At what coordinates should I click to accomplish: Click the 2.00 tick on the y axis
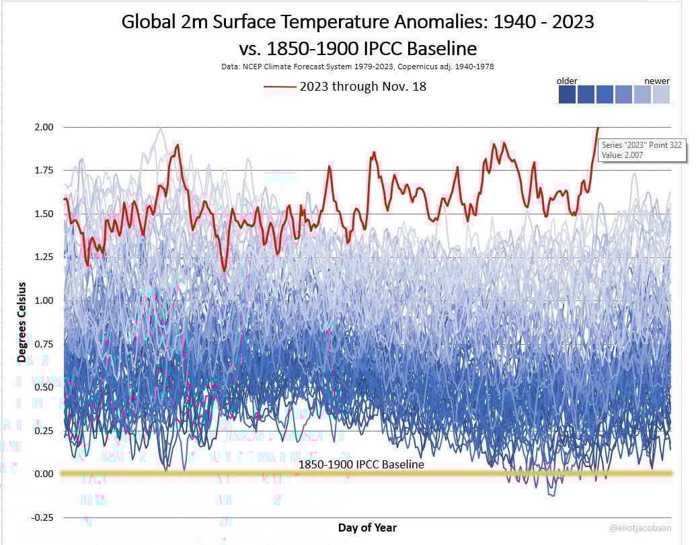[44, 127]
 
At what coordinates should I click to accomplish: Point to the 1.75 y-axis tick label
[44, 171]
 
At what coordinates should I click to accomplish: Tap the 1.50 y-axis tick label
[44, 214]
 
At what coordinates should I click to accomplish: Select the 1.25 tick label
[44, 257]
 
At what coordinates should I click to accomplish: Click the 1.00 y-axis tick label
[44, 300]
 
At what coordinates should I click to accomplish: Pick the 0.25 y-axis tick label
[44, 431]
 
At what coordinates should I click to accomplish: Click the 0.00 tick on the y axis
[44, 474]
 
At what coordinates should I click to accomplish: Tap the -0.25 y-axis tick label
[42, 517]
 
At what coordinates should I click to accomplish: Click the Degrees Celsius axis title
[22, 323]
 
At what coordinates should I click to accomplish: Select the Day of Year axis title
[367, 528]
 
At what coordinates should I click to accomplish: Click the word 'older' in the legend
[567, 81]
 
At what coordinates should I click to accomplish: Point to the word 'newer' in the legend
[657, 81]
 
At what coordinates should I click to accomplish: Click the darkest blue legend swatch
[566, 95]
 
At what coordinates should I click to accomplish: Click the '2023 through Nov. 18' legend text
[363, 87]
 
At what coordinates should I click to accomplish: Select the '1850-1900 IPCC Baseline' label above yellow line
[362, 464]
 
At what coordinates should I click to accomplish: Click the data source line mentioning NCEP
[348, 67]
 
